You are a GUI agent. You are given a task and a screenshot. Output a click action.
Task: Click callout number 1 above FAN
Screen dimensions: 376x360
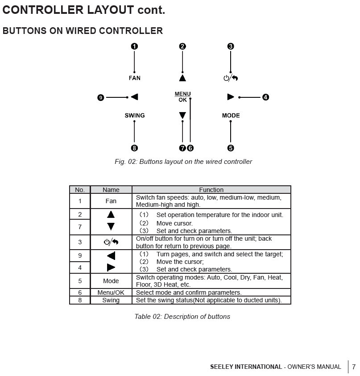134,46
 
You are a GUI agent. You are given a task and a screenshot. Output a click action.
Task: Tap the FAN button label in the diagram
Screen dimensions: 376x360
134,78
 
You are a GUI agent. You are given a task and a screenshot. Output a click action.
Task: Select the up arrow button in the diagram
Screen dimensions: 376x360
182,78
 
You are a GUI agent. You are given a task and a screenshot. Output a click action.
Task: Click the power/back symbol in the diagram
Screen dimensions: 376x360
231,79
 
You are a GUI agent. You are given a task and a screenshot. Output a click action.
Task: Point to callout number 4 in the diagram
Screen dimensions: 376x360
266,97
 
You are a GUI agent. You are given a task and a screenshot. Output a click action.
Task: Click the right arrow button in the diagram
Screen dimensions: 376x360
230,97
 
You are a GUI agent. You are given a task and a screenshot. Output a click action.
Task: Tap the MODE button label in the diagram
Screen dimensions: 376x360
231,116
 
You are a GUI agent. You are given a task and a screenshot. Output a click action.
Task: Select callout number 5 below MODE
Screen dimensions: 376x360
231,148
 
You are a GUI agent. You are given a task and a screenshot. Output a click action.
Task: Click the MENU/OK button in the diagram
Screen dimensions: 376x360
182,97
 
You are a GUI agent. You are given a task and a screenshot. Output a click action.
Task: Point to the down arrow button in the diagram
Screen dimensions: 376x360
182,116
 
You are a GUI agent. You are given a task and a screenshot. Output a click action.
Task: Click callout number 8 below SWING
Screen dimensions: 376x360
134,148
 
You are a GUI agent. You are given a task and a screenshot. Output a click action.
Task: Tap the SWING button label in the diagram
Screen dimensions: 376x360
134,116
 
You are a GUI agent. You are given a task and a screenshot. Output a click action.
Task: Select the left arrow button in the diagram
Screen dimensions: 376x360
134,97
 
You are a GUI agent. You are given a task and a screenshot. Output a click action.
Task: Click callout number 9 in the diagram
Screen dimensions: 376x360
101,97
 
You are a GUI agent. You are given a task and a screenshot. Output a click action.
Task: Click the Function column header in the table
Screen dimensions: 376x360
211,190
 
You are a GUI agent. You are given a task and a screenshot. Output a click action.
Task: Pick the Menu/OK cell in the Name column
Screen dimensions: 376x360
111,293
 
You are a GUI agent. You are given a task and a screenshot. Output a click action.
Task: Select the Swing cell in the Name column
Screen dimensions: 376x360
111,301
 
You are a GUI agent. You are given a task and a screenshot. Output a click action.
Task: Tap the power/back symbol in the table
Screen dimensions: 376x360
111,242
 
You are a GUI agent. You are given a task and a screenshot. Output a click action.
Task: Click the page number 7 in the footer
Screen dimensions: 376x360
354,367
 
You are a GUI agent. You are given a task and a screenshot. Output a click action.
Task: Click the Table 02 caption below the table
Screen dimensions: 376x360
182,317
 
